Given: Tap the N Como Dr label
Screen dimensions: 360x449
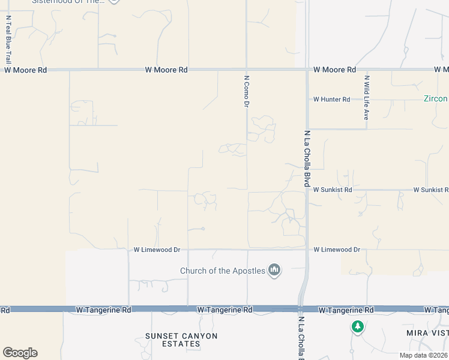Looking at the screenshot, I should point(246,91).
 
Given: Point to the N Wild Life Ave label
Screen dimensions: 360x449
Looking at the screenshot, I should point(366,97).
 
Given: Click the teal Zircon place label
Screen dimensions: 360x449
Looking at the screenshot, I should point(436,98).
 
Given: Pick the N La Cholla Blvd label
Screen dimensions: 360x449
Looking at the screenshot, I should point(306,158).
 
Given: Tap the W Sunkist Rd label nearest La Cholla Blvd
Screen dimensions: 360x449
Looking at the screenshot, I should point(332,190).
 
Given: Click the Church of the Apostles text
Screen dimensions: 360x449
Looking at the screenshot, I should point(223,271).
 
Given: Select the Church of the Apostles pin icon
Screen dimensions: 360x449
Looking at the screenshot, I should point(274,270).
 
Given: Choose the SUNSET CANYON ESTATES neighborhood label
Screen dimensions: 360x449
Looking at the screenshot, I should point(181,340).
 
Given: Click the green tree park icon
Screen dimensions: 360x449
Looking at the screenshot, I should point(358,326).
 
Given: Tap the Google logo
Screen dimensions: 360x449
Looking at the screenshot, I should point(20,353).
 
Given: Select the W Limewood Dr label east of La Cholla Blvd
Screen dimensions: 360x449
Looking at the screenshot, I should point(337,249).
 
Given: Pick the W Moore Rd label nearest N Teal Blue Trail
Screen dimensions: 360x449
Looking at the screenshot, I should point(25,70).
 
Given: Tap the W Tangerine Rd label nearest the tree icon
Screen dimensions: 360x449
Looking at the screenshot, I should point(346,310).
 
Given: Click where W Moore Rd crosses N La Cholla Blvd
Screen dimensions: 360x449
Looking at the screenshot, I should point(307,70).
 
